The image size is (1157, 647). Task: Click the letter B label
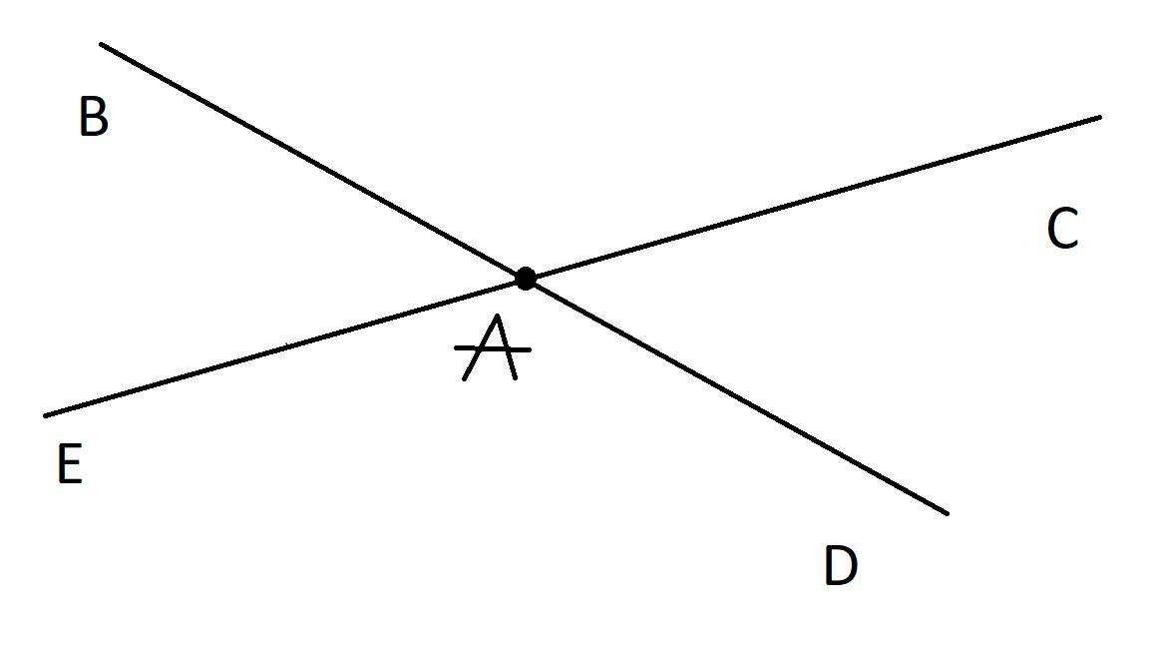[93, 117]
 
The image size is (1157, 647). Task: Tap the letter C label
[1063, 230]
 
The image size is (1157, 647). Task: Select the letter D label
[840, 566]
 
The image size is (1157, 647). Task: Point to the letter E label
[69, 464]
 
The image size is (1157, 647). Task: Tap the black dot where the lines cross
[526, 279]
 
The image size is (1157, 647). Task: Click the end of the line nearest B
[102, 45]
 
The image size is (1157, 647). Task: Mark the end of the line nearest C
[1099, 118]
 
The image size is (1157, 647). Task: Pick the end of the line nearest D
[946, 513]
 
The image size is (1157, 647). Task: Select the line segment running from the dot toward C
[813, 198]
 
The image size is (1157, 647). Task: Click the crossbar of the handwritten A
[493, 349]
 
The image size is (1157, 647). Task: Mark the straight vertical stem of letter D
[830, 566]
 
